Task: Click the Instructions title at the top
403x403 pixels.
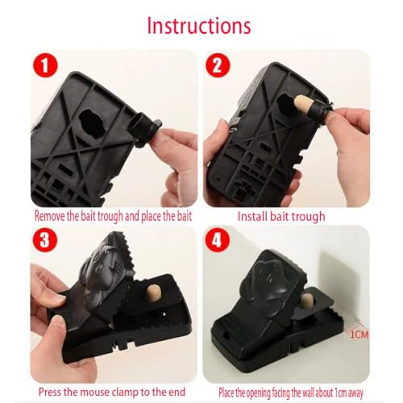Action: pos(201,25)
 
